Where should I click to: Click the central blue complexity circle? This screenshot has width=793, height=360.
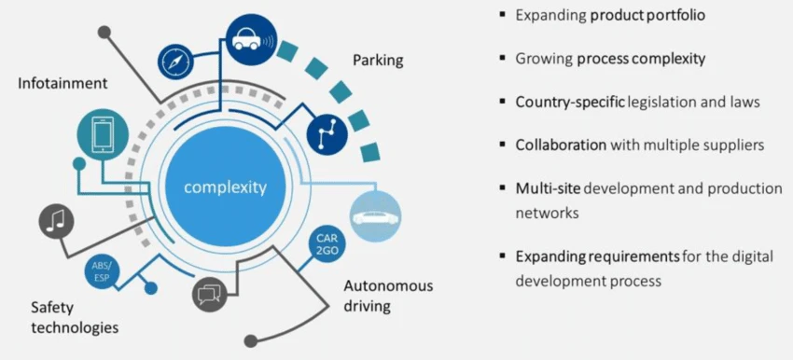coord(225,187)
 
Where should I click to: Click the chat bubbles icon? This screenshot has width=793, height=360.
coord(210,295)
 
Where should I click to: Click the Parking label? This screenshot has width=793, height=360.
coord(377,61)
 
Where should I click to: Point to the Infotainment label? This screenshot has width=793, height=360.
coord(63,83)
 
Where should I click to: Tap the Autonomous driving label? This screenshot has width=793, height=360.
coord(388,295)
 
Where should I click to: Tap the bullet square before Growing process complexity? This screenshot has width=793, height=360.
coord(502,58)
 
